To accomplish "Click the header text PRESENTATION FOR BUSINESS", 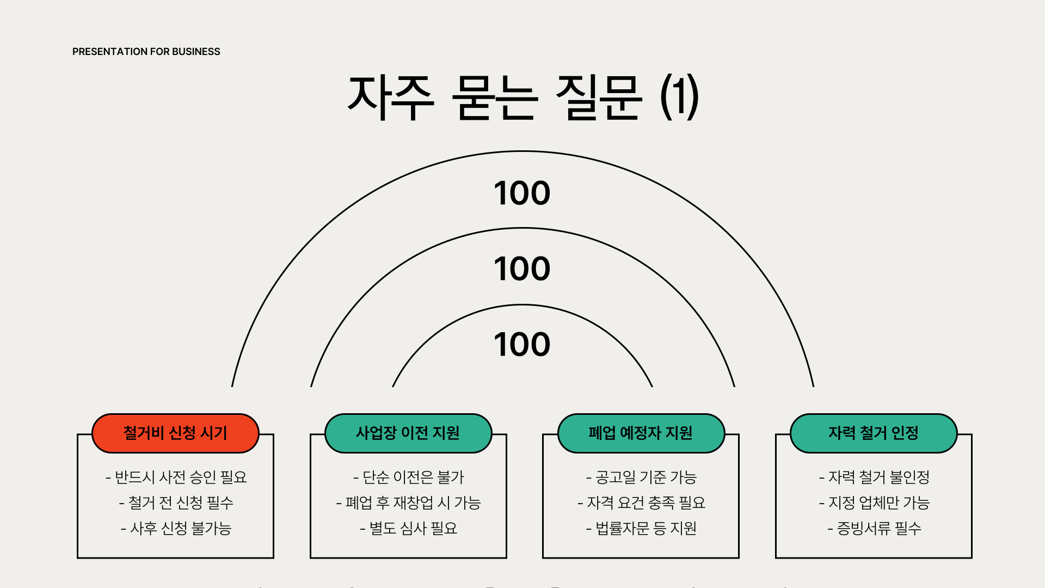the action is (146, 52).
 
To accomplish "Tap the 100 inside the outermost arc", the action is (522, 193).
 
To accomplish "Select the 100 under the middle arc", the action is (522, 268).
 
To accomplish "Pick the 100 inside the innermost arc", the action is (522, 344).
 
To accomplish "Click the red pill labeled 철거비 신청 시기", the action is (175, 433).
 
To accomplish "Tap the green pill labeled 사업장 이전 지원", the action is (408, 433).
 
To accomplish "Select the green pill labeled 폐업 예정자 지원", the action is (641, 433).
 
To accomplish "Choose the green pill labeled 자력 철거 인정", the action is (874, 433).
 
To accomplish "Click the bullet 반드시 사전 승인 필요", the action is (176, 477).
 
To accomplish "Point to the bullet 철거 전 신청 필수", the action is (176, 503).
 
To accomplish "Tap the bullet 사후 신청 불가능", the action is (176, 528).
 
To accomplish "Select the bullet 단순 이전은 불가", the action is (408, 477).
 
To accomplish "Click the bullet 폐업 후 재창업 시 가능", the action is (408, 503).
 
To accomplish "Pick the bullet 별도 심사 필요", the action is (408, 528).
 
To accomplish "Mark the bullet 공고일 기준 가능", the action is (641, 477).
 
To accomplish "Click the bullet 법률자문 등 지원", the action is (641, 528).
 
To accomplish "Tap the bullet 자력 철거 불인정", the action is (874, 477).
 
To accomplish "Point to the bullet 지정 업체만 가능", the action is (874, 503).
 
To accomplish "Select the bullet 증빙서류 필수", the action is (874, 528).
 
